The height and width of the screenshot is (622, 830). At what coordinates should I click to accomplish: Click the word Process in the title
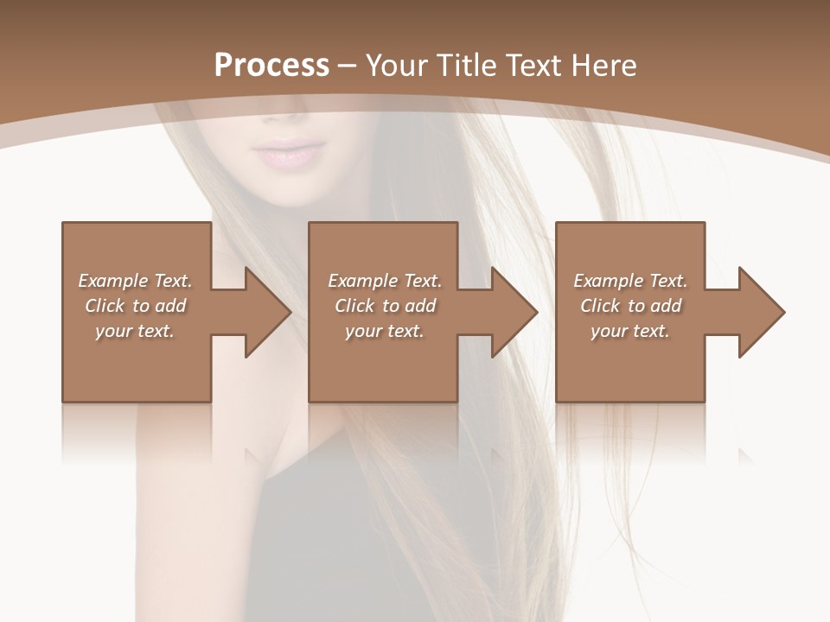click(x=271, y=66)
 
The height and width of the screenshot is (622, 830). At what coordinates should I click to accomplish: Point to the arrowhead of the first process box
click(x=268, y=312)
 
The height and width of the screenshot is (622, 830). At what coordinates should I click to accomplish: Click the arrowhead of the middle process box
click(x=514, y=312)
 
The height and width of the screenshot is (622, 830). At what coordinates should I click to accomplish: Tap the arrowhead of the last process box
click(x=761, y=312)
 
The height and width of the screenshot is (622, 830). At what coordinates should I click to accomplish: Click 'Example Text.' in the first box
click(x=135, y=281)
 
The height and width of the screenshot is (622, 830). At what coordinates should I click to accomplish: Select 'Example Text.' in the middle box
click(x=384, y=281)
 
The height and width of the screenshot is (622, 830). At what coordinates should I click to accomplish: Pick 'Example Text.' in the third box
click(x=630, y=281)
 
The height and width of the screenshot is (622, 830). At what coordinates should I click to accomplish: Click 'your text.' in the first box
click(x=134, y=331)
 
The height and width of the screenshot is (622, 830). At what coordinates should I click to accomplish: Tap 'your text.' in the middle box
click(x=384, y=331)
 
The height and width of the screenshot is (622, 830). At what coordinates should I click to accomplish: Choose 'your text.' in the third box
click(x=630, y=331)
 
